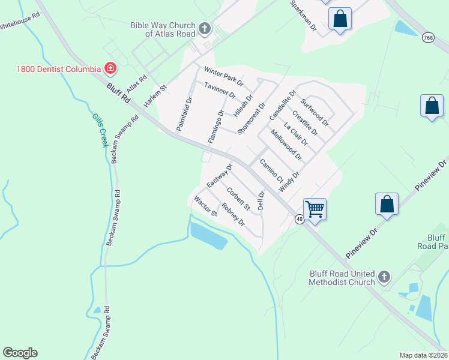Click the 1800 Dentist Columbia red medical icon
pyautogui.click(x=110, y=68)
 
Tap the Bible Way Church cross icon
pyautogui.click(x=205, y=29)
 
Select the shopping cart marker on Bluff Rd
pyautogui.click(x=315, y=209)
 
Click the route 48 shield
pyautogui.click(x=299, y=220)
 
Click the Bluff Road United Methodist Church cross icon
pyautogui.click(x=384, y=278)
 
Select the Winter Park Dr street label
pyautogui.click(x=223, y=76)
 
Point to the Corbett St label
pyautogui.click(x=238, y=199)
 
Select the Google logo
pyautogui.click(x=20, y=353)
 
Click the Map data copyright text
pyautogui.click(x=423, y=355)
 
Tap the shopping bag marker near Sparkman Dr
pyautogui.click(x=340, y=19)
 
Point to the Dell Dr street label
pyautogui.click(x=261, y=200)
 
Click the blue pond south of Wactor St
pyautogui.click(x=209, y=235)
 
